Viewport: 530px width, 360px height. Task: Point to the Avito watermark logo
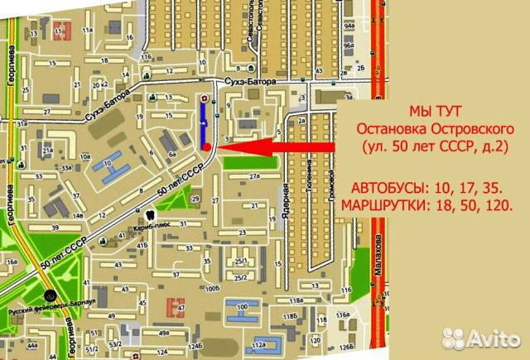click(x=485, y=338)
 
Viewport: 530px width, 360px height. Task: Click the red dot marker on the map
click(x=205, y=146)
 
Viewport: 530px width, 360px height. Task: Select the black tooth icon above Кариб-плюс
click(x=147, y=213)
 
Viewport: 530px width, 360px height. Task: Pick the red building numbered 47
click(x=176, y=306)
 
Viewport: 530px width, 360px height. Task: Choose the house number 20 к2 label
click(x=100, y=84)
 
